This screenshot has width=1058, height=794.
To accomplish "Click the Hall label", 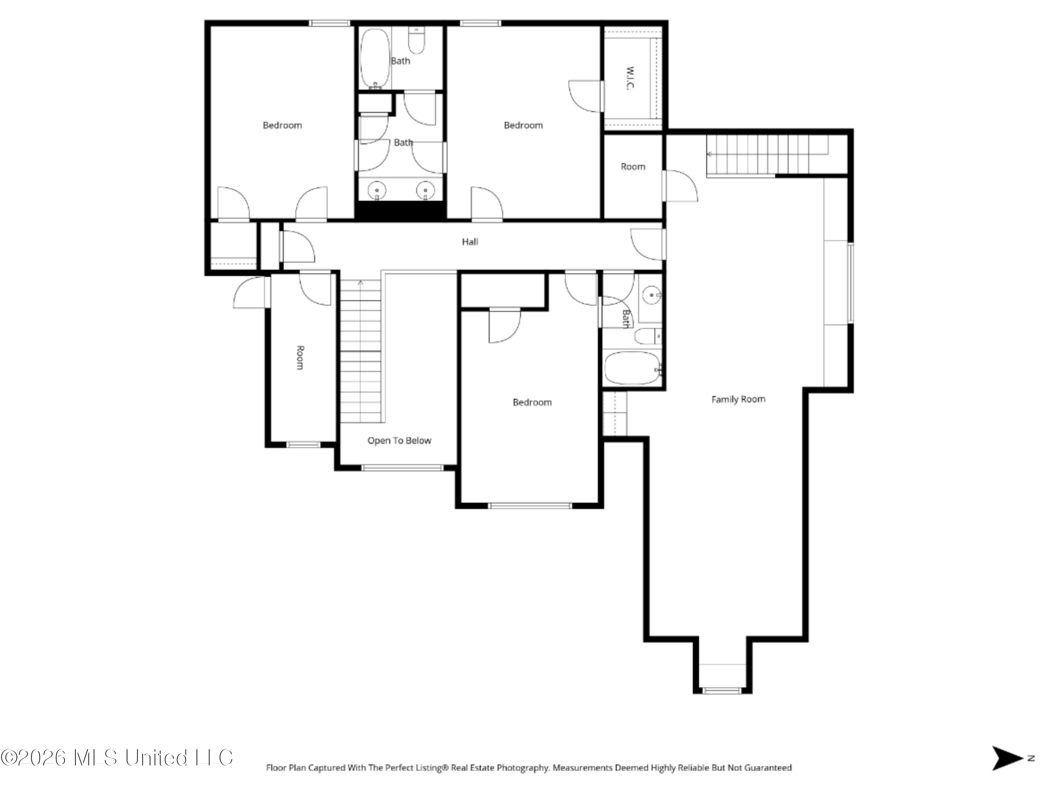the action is click(470, 242).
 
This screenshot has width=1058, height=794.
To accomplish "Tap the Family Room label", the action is click(738, 399).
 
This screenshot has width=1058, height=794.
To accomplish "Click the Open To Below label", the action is click(399, 441).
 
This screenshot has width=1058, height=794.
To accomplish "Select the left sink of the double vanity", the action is click(377, 191).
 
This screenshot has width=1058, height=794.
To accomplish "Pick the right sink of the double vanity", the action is click(425, 191).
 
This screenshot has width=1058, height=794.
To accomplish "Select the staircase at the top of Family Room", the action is click(767, 155).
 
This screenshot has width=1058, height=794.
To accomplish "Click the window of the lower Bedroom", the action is click(530, 505).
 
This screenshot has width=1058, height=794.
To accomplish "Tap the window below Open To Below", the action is click(403, 468).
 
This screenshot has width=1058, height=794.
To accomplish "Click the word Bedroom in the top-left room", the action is click(282, 125).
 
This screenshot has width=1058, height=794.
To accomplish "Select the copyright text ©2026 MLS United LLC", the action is click(117, 758).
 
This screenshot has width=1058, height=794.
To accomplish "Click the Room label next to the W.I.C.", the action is click(633, 167).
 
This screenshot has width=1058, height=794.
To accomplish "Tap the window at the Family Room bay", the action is click(723, 691).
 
